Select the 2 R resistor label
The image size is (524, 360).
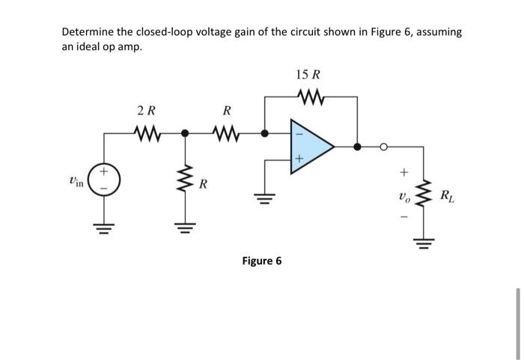pyautogui.click(x=147, y=112)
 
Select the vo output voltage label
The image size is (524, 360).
pyautogui.click(x=404, y=198)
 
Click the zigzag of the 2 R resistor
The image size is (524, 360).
pyautogui.click(x=147, y=135)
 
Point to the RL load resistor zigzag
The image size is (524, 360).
pyautogui.click(x=425, y=197)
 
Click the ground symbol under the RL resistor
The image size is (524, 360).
pyautogui.click(x=425, y=244)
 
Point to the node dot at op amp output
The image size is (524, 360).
pyautogui.click(x=357, y=147)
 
